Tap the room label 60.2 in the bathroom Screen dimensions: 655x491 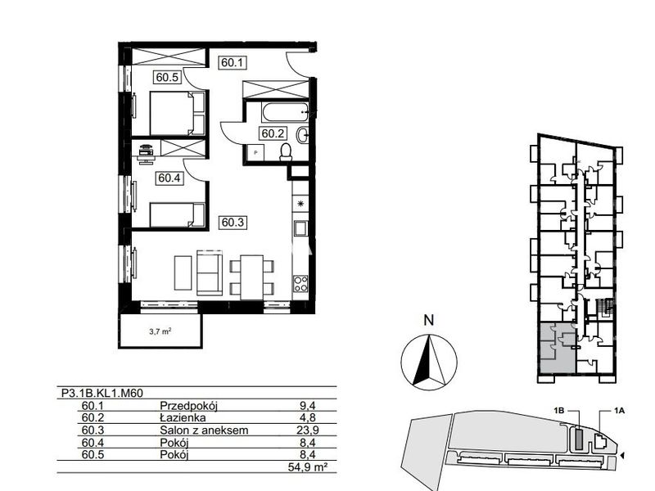273,133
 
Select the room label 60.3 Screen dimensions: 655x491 233,223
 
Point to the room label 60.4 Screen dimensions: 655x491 169,178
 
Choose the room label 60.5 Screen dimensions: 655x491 168,77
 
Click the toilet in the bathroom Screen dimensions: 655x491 286,152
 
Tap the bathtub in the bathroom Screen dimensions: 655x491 285,112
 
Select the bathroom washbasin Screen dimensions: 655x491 303,135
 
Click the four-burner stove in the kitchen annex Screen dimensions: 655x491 300,283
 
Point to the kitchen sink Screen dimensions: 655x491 300,229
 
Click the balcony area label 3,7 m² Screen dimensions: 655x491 160,332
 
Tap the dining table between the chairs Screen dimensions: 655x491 252,277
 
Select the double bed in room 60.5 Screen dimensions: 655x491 178,113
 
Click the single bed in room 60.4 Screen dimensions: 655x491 178,215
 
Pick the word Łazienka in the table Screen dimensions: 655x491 183,418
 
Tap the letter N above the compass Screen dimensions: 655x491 429,320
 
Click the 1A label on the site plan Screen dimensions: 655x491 619,411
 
